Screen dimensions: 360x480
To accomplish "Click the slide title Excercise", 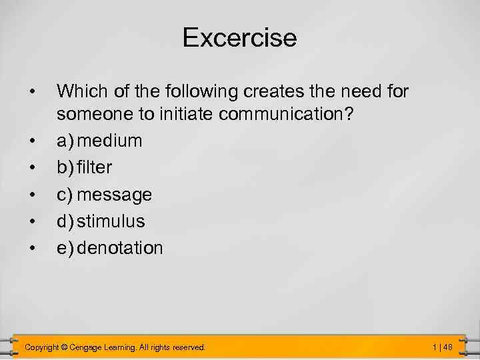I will (239, 37).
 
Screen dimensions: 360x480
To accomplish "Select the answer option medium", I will (109, 141).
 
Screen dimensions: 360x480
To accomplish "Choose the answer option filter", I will (94, 167).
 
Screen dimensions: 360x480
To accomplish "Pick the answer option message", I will (115, 195).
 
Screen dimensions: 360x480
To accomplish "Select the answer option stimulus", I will (111, 221).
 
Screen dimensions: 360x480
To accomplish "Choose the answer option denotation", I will (120, 248).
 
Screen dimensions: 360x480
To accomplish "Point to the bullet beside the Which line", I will (31, 90).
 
